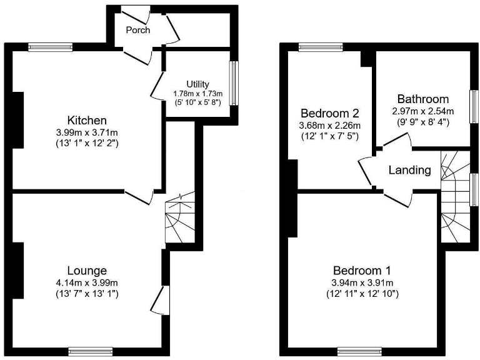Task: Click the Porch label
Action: coord(137,30)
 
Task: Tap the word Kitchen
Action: coord(87,120)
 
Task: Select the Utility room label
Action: coord(197,84)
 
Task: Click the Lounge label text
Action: coord(87,271)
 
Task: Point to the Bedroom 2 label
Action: coord(329,114)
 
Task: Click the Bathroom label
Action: coord(423,99)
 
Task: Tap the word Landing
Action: coord(410,170)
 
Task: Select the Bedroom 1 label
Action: coord(362,271)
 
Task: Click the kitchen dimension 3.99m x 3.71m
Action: coord(87,132)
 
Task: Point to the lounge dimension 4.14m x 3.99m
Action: coord(87,282)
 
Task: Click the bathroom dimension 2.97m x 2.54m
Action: coord(423,111)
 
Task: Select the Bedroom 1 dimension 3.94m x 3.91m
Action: coord(362,282)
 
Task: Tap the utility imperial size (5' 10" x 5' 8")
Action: coord(197,102)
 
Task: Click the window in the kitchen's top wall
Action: coord(46,45)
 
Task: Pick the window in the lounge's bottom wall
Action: coord(86,351)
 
